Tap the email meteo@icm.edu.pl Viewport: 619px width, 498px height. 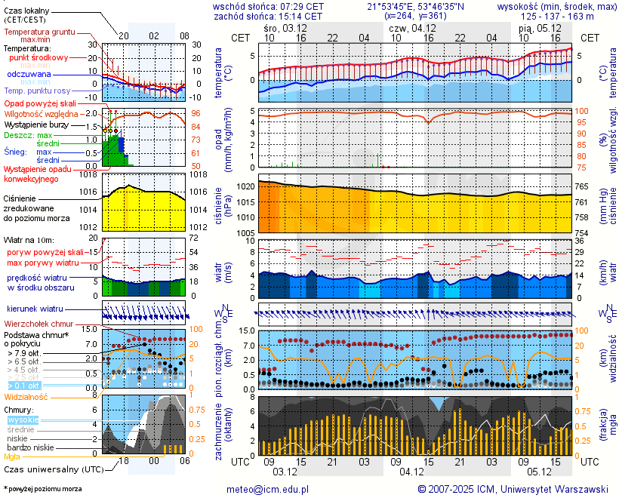pyautogui.click(x=268, y=489)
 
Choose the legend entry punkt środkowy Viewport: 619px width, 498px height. pyautogui.click(x=38, y=57)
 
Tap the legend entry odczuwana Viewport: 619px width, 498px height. pyautogui.click(x=29, y=74)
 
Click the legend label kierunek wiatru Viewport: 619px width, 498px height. pyautogui.click(x=34, y=309)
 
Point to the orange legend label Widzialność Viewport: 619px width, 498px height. pyautogui.click(x=26, y=396)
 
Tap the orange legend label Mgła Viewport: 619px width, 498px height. pyautogui.click(x=12, y=456)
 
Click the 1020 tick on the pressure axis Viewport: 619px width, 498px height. pyautogui.click(x=245, y=186)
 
